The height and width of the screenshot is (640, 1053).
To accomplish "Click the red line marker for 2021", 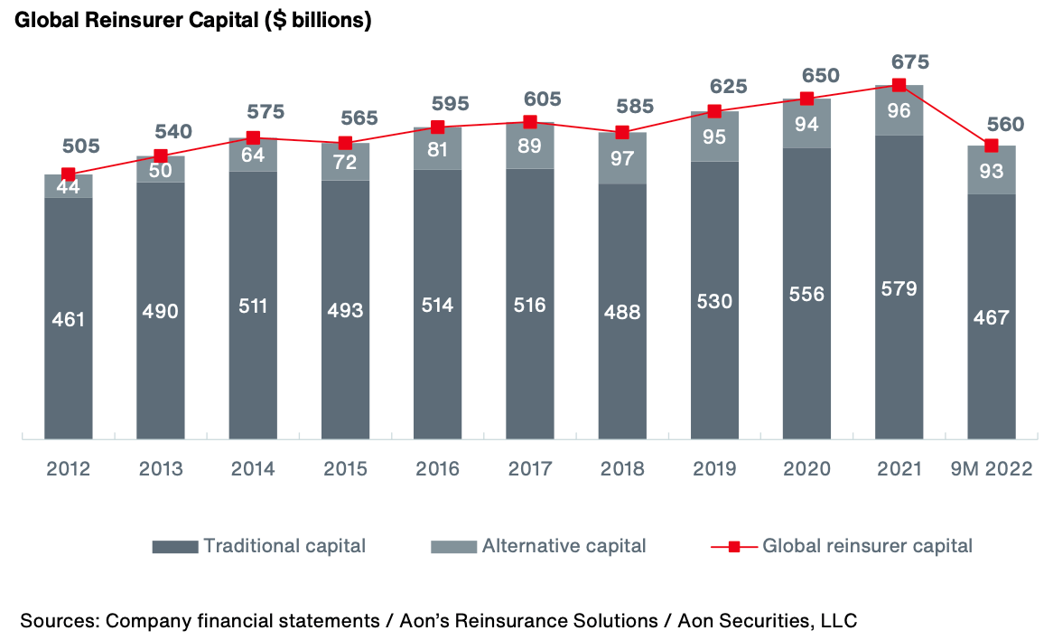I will point(899,85).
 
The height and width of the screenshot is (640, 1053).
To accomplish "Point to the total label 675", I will point(899,62).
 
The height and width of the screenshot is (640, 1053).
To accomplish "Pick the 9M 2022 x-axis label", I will point(991,469).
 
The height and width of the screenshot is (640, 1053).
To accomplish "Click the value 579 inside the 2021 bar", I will point(899,288).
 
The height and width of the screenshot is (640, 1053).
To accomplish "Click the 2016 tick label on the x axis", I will point(437,469).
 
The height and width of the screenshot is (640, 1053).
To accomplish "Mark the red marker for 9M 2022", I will point(991,146).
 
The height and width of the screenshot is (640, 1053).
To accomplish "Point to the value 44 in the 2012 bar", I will point(69,187).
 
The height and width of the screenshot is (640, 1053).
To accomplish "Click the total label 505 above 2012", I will point(80,146).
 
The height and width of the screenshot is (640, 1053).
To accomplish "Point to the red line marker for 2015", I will point(345,143).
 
